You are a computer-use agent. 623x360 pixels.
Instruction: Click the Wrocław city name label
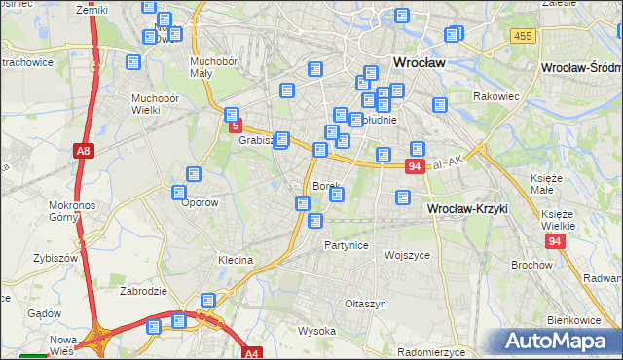pos(419,62)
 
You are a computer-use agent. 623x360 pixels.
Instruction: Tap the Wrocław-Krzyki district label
pos(468,209)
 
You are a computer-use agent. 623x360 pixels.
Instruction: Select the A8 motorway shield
pos(83,150)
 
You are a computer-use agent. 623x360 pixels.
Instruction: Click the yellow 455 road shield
pos(523,36)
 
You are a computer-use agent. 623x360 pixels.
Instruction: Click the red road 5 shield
pos(235,126)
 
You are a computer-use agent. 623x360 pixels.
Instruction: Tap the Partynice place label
pos(347,245)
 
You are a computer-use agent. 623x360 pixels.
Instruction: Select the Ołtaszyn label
pos(366,305)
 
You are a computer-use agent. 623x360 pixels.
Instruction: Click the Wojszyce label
pos(407,255)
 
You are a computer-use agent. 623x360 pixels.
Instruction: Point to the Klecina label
pos(236,261)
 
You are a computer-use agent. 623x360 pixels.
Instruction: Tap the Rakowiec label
pos(494,97)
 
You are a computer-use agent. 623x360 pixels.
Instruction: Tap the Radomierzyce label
pos(435,351)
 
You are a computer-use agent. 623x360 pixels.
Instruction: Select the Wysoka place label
pos(316,331)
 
